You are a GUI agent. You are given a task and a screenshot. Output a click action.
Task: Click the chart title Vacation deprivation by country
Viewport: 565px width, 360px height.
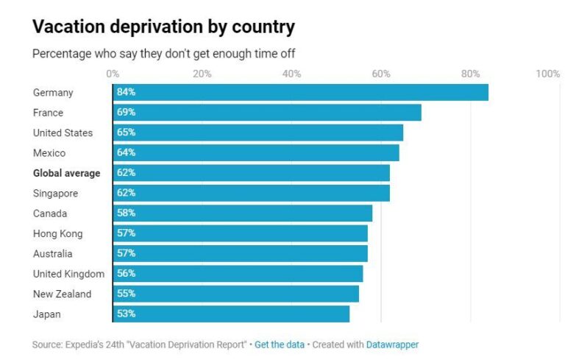[163, 27]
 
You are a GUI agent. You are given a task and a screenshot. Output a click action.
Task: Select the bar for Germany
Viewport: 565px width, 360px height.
[300, 93]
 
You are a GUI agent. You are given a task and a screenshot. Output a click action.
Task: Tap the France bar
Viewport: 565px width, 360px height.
[267, 113]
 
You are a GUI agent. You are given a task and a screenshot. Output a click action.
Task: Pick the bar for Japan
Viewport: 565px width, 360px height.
[231, 314]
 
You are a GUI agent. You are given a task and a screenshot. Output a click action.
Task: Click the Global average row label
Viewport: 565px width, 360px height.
[66, 173]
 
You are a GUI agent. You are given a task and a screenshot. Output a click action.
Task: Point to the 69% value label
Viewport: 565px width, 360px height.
[126, 113]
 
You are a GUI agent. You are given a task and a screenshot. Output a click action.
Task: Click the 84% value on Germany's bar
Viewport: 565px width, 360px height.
[126, 93]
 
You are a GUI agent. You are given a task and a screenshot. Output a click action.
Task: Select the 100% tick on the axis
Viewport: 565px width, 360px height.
[548, 74]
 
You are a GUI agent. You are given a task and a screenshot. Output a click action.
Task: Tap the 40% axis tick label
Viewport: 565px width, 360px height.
[291, 74]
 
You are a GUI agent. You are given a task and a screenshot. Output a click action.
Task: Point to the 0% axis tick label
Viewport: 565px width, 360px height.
[113, 74]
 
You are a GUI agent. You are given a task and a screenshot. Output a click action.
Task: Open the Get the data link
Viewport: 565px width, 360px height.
[279, 345]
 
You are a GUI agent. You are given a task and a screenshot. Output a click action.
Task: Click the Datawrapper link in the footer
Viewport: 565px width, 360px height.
[392, 345]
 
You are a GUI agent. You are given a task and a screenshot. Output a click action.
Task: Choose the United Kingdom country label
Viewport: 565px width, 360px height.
[68, 274]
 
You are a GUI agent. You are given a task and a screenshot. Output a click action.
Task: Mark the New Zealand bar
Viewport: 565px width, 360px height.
[235, 294]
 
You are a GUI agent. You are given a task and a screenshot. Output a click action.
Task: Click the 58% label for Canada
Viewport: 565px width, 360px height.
[126, 213]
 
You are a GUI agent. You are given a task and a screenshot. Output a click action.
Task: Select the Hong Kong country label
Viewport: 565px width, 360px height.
[57, 233]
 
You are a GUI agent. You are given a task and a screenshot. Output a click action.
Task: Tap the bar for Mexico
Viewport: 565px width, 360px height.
[256, 153]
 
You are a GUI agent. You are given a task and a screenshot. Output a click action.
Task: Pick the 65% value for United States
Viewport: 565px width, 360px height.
[126, 133]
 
